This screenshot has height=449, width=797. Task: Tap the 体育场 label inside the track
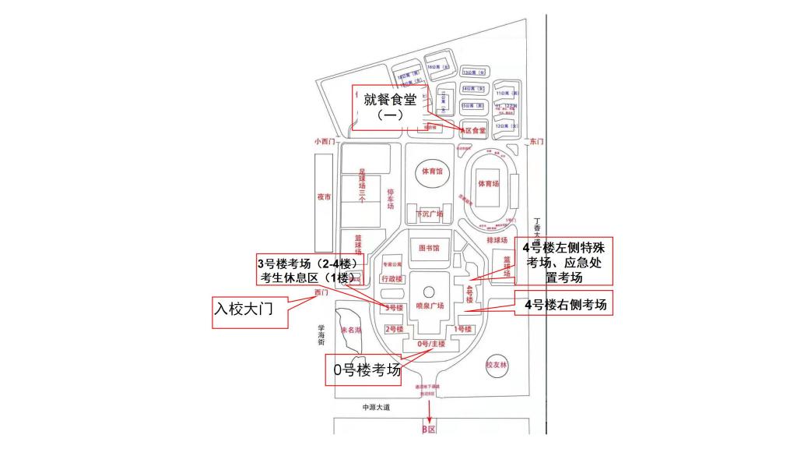click(488, 184)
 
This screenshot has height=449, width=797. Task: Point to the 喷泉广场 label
click(429, 306)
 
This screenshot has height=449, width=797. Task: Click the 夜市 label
click(324, 196)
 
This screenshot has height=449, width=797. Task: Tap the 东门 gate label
click(536, 141)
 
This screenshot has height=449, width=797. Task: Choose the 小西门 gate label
click(324, 141)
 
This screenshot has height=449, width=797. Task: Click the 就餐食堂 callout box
click(388, 107)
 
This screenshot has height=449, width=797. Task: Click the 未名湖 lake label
click(353, 330)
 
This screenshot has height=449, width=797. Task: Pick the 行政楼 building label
click(391, 278)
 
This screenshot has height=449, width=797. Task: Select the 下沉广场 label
click(429, 214)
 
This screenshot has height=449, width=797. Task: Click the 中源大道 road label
click(376, 408)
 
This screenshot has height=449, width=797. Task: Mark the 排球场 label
click(497, 241)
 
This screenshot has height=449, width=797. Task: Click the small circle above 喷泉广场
click(429, 292)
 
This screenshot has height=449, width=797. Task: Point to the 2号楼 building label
click(395, 329)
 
